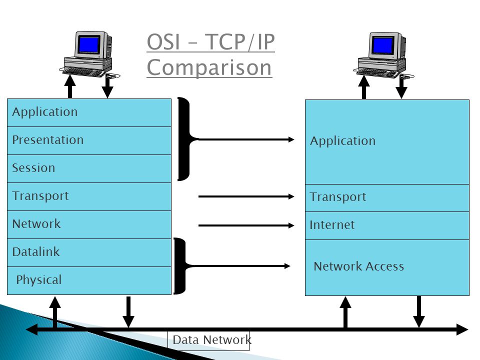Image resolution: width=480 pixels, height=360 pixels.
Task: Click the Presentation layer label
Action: click(x=48, y=140)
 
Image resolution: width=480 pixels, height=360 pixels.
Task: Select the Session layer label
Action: click(x=33, y=168)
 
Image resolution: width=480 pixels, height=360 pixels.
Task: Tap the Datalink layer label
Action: click(x=36, y=252)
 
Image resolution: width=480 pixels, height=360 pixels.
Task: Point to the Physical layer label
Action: click(x=39, y=280)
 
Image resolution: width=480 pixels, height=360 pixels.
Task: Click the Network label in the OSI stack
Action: click(x=36, y=224)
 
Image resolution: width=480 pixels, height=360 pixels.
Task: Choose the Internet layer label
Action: click(x=332, y=225)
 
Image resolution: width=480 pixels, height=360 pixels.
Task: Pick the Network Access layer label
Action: click(x=359, y=266)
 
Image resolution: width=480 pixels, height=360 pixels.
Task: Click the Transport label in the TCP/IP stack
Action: click(x=338, y=197)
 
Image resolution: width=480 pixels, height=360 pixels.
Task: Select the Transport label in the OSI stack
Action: click(x=40, y=196)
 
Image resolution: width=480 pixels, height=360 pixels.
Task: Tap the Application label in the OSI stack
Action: click(x=45, y=112)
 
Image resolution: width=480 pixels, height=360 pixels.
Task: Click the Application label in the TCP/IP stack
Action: click(x=343, y=141)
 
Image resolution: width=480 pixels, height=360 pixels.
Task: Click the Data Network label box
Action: click(x=208, y=340)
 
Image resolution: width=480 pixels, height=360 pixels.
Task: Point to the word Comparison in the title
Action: click(x=209, y=68)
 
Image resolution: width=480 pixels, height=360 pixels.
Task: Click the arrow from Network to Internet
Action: click(x=246, y=225)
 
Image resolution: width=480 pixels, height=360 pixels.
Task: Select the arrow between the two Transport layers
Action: click(x=246, y=196)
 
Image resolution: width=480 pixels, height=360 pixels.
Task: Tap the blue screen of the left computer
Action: click(x=89, y=44)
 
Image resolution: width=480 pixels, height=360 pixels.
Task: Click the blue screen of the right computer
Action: click(x=382, y=46)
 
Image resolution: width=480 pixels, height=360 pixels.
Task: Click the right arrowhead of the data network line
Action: click(x=462, y=329)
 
